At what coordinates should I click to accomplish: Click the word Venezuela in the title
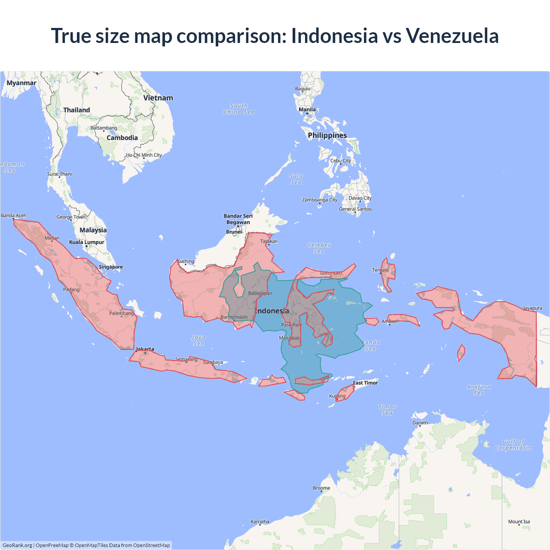[x=452, y=36]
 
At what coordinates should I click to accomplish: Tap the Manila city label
[x=307, y=110]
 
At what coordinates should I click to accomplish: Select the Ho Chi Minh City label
[x=144, y=155]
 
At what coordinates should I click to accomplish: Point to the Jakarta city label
[x=145, y=349]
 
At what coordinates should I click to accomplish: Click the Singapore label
[x=110, y=267]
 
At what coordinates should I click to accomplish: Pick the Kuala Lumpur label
[x=86, y=242]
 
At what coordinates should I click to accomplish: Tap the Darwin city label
[x=420, y=423]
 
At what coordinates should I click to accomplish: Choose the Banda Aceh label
[x=13, y=215]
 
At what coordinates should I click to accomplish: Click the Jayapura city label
[x=532, y=308]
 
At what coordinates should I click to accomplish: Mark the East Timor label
[x=365, y=383]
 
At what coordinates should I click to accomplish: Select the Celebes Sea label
[x=319, y=248]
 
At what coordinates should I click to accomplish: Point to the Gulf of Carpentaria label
[x=513, y=445]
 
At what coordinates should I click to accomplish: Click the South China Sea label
[x=239, y=109]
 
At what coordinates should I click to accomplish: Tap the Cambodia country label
[x=122, y=138]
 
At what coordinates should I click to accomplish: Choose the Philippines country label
[x=327, y=135]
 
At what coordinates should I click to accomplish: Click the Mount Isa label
[x=519, y=522]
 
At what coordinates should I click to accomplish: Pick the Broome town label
[x=321, y=488]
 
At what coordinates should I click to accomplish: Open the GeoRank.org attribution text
[x=17, y=545]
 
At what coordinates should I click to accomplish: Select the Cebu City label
[x=340, y=161]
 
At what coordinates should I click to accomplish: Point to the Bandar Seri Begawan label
[x=238, y=219]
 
